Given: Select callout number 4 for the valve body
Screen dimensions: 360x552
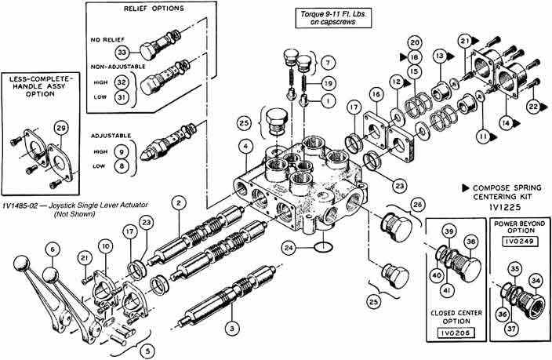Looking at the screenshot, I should click(246, 145).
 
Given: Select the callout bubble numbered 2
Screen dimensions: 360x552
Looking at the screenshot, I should click(180, 204).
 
